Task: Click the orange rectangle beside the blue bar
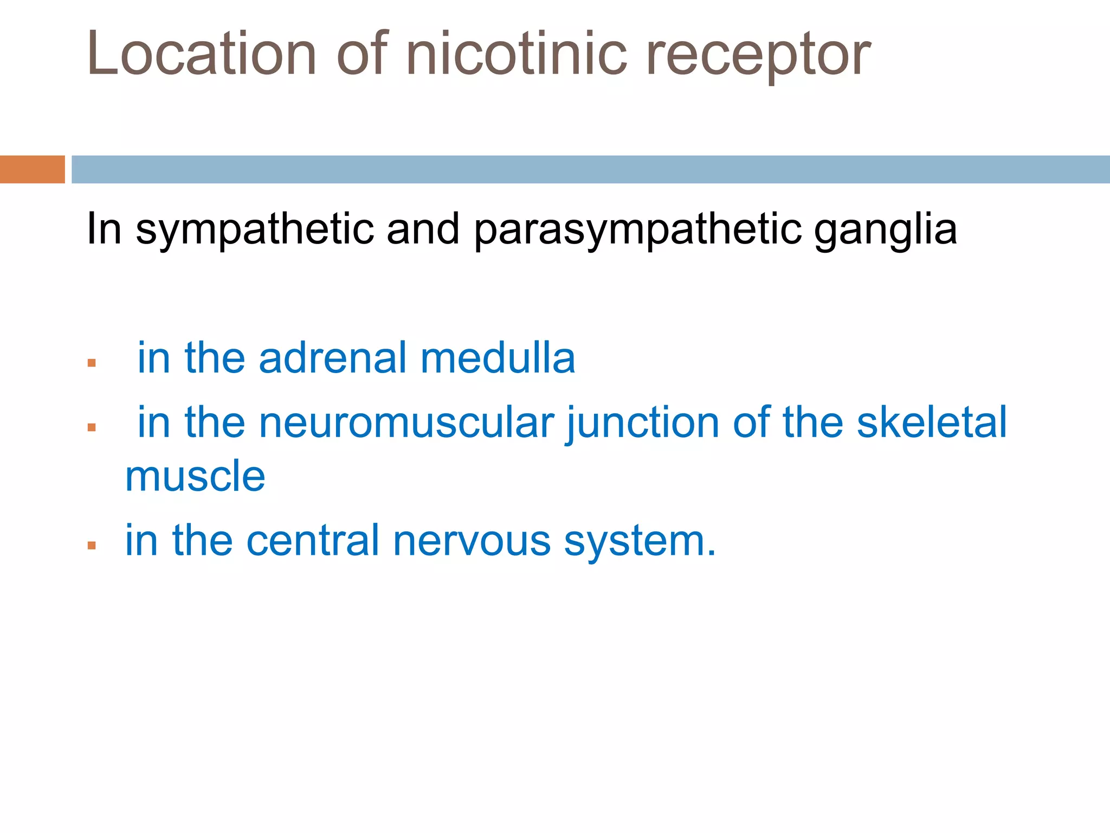pyautogui.click(x=32, y=169)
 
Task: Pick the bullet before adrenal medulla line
pyautogui.click(x=92, y=363)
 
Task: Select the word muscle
pyautogui.click(x=195, y=477)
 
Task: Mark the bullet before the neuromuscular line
pyautogui.click(x=92, y=427)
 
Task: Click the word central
pyautogui.click(x=313, y=541)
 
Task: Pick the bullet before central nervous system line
pyautogui.click(x=92, y=546)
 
